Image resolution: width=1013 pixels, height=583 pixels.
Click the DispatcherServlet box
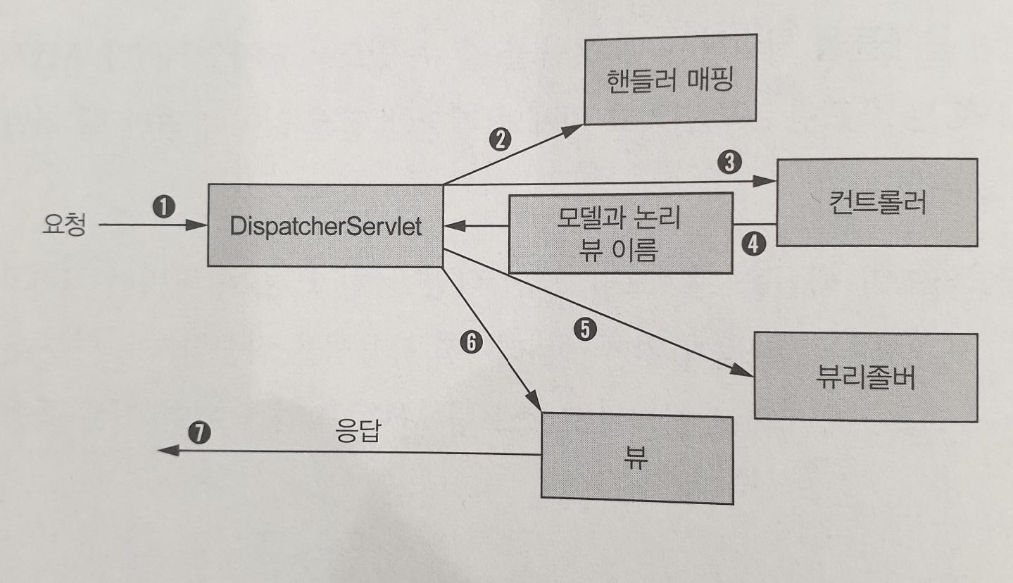(x=325, y=225)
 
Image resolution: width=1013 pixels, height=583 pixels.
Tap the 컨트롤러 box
(x=876, y=202)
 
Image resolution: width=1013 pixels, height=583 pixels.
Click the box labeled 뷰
(x=636, y=458)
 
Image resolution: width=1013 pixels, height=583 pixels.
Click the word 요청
(x=63, y=226)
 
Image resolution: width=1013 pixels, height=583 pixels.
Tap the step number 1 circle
(x=163, y=206)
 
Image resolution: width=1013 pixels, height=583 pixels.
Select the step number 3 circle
(x=730, y=163)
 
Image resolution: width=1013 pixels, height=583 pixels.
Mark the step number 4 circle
(x=754, y=246)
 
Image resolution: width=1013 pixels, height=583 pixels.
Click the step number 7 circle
(x=199, y=432)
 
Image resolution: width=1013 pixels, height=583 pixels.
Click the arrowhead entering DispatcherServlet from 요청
(x=199, y=226)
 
